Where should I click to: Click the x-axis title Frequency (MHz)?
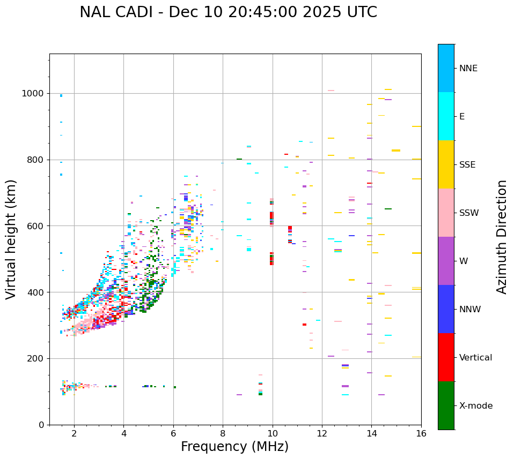[234, 447]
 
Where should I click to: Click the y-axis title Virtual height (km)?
[11, 239]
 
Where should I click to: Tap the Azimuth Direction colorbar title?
[502, 237]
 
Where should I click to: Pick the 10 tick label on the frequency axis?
[273, 433]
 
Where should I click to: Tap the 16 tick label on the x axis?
[421, 433]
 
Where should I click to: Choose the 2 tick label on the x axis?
[74, 433]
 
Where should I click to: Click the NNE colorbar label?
[468, 69]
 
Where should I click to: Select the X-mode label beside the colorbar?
[475, 406]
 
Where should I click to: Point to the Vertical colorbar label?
[475, 358]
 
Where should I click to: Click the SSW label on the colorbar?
[469, 213]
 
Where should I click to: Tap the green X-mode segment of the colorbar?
[446, 405]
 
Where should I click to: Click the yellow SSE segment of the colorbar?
[446, 164]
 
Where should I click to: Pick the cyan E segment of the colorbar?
[446, 116]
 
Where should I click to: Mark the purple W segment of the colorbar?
[446, 261]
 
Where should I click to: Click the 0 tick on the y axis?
[41, 425]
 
